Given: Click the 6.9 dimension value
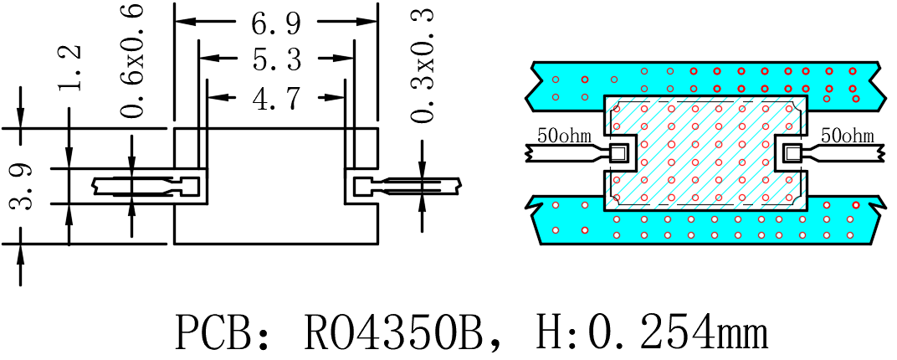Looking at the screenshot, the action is tap(276, 23).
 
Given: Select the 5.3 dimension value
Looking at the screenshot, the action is tap(276, 59).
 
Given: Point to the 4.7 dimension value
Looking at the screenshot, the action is tap(276, 97).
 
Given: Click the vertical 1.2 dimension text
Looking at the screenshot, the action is tap(69, 67).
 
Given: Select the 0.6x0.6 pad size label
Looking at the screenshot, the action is tap(134, 60).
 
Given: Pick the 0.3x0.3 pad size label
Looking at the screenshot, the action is tap(423, 66).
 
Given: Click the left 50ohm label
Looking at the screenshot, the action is tap(564, 136).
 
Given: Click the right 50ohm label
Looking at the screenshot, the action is tap(848, 136).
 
